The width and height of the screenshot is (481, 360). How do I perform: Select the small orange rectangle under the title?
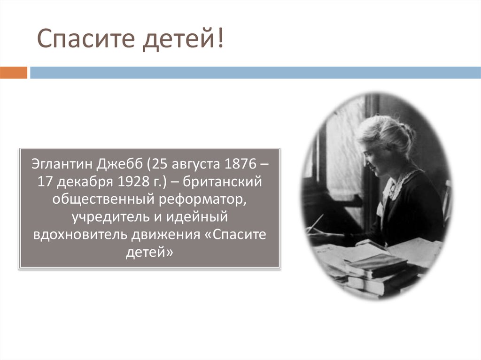[x=14, y=73]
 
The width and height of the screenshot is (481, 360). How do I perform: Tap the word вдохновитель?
[x=79, y=234]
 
